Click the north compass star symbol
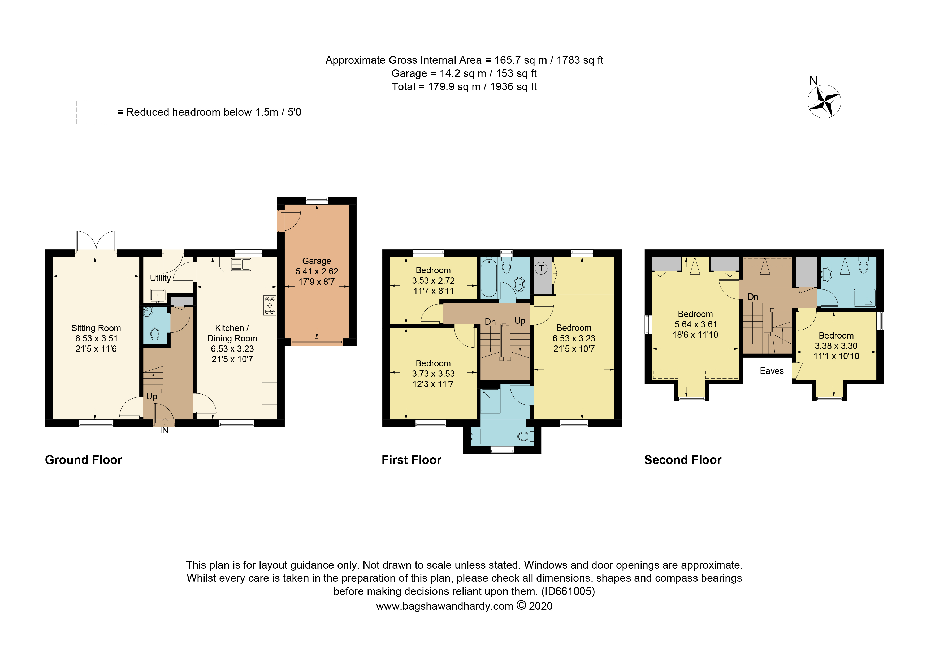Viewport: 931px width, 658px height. (824, 101)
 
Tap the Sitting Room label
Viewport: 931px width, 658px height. (96, 328)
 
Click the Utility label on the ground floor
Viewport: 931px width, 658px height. (160, 278)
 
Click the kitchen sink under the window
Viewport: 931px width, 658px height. (241, 264)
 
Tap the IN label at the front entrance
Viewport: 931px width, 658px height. (164, 430)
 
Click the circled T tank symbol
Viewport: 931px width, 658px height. (541, 268)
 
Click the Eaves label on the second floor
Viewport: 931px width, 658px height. (772, 371)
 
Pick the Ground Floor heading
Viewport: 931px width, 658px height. (84, 460)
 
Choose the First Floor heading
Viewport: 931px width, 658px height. (411, 460)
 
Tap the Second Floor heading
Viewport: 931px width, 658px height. (683, 460)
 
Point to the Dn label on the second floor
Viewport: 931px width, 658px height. (753, 297)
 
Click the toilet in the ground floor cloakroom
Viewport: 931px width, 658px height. (154, 334)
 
